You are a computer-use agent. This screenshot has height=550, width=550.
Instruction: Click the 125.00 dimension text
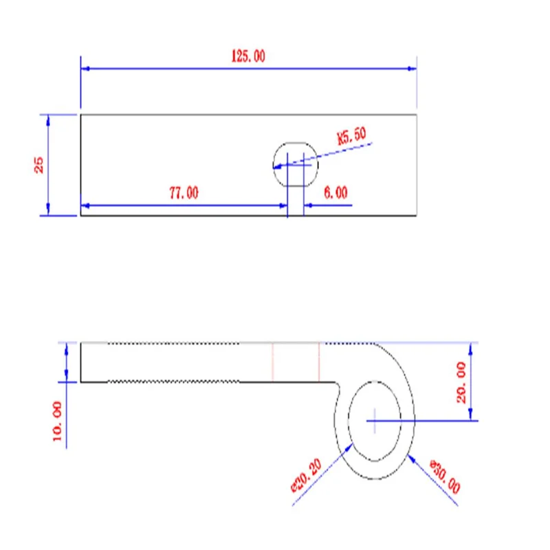(248, 56)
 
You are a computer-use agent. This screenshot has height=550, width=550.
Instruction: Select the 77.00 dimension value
(184, 193)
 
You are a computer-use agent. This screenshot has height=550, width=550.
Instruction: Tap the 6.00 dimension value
(335, 192)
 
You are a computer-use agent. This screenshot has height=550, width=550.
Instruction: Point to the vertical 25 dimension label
(38, 165)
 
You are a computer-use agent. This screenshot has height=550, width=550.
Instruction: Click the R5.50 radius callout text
(351, 135)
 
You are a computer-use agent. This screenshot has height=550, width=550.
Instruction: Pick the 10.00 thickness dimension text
(57, 421)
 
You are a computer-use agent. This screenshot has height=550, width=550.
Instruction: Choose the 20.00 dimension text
(461, 383)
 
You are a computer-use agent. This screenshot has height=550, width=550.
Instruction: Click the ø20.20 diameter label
(306, 476)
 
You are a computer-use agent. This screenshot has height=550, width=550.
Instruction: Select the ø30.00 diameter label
(445, 476)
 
